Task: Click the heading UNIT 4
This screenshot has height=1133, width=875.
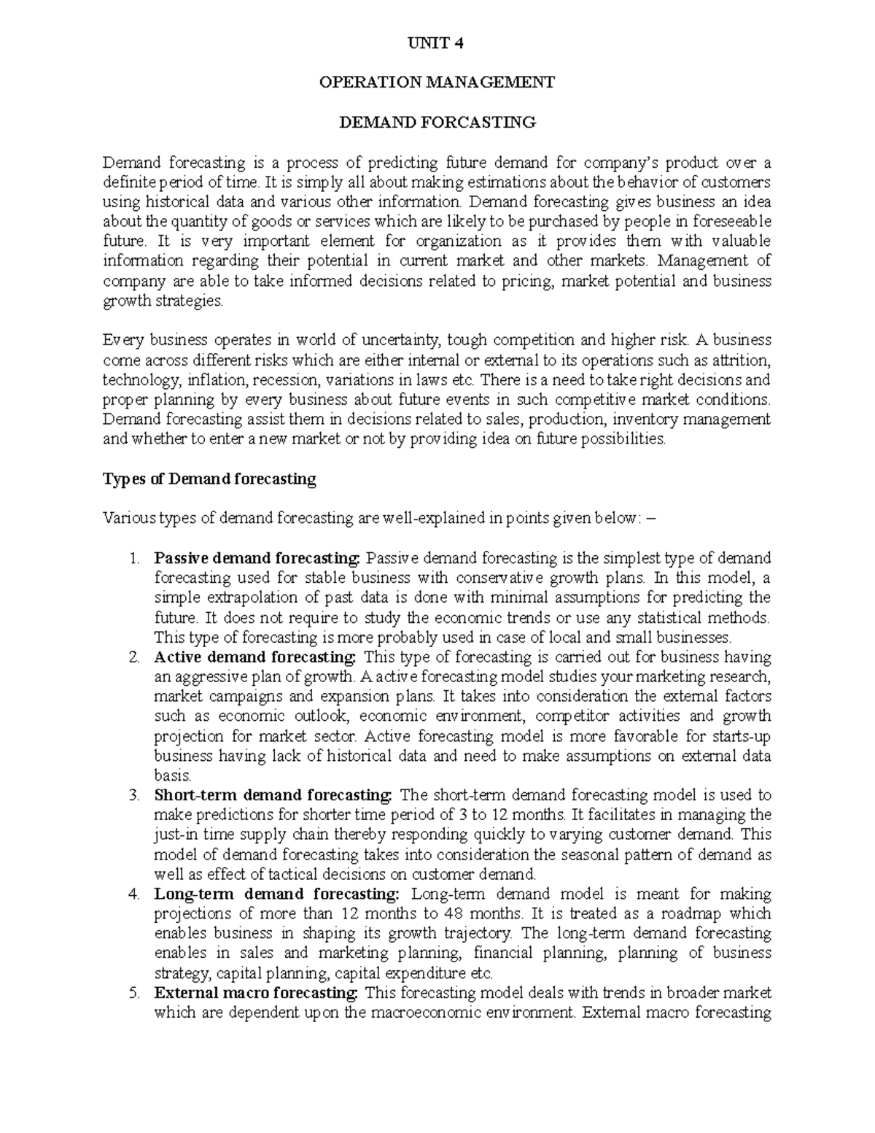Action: pos(437,43)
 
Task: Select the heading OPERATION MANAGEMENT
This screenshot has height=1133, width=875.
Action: pos(437,82)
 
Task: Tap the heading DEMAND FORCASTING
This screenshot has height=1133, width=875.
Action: pos(437,123)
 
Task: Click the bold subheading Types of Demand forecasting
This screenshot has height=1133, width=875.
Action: pos(209,479)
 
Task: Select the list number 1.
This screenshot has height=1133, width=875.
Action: pos(133,559)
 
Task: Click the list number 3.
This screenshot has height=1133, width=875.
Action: pos(133,795)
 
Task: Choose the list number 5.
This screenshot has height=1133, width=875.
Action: pos(133,993)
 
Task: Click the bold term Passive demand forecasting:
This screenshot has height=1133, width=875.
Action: pos(257,559)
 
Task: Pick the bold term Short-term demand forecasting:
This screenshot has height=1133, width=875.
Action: pos(273,795)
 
